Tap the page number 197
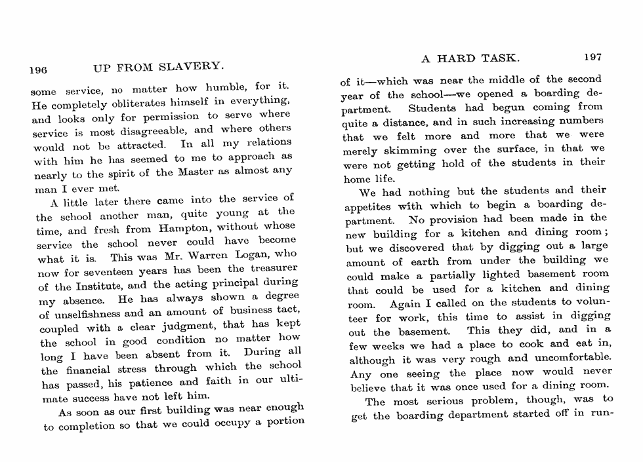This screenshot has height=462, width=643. [x=592, y=58]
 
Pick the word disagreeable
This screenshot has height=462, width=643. [x=159, y=129]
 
